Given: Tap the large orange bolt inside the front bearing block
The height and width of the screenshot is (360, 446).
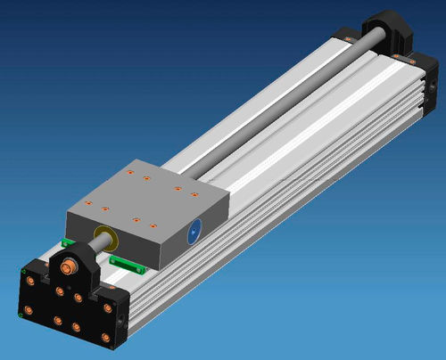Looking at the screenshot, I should (x=69, y=266).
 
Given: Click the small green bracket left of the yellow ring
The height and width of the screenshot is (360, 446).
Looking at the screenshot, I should (x=67, y=241).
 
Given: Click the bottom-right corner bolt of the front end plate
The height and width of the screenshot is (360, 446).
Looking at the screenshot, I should (x=105, y=338).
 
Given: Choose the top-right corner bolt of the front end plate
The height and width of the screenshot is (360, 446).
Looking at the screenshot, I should (x=108, y=308).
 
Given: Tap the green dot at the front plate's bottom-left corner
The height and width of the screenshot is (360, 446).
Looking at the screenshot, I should (x=20, y=314).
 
